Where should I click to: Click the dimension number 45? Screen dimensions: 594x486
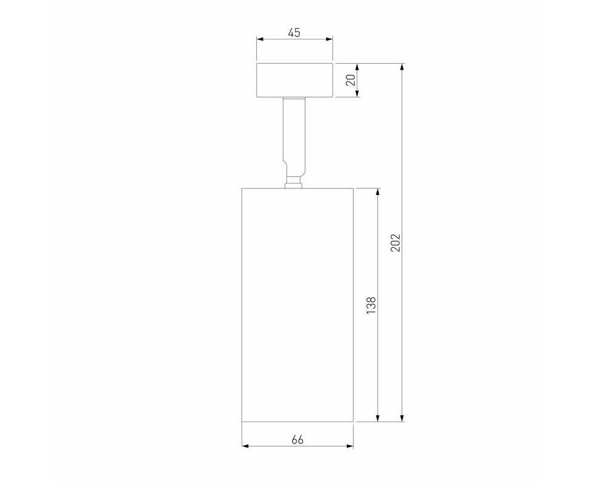click(294, 33)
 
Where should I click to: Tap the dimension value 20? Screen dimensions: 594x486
click(351, 80)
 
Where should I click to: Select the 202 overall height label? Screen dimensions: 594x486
click(395, 243)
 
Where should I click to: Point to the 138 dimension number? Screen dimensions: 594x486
click(371, 305)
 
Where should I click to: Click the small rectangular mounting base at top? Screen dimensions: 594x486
click(295, 80)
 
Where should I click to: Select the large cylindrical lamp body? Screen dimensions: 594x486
click(298, 304)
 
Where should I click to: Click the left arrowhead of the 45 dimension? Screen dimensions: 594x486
click(260, 39)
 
